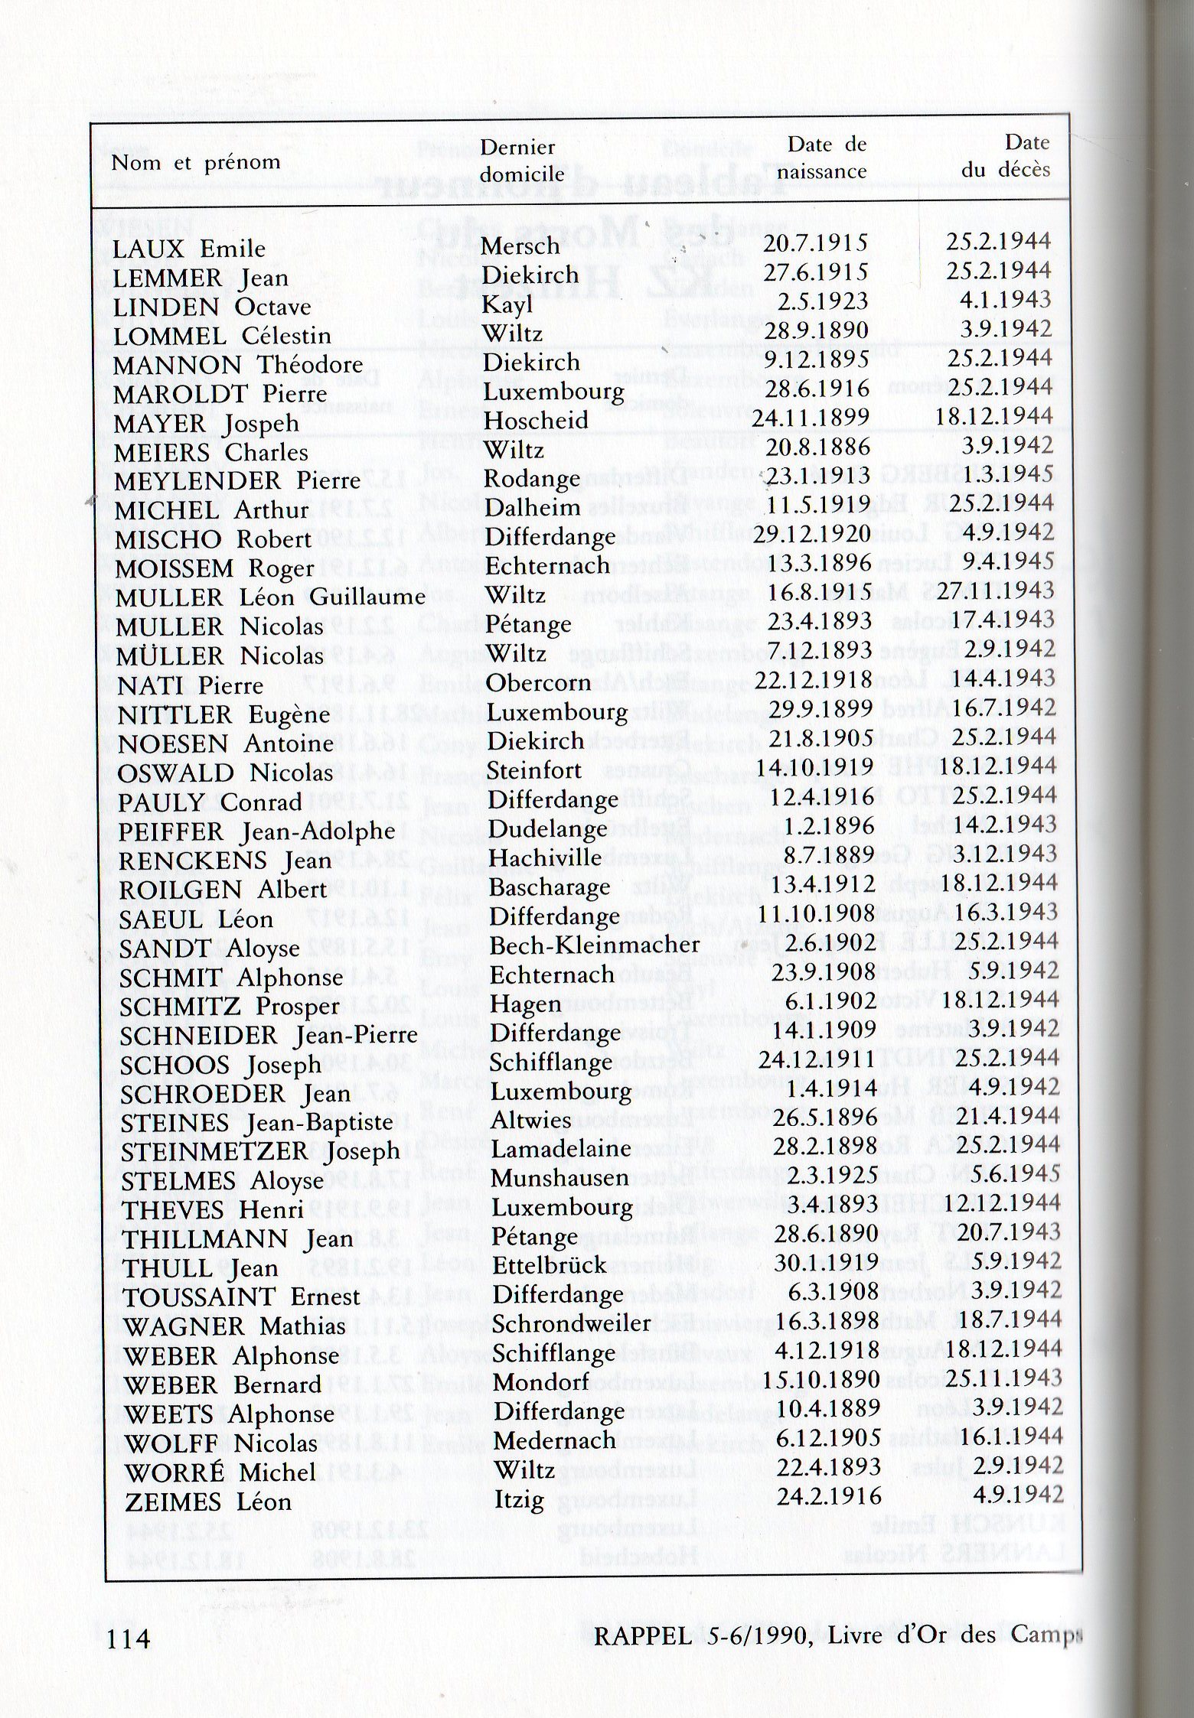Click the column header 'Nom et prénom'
(x=196, y=163)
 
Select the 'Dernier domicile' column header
(x=521, y=160)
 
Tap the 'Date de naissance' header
(x=822, y=157)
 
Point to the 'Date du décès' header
(x=1006, y=155)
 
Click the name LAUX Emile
(x=189, y=249)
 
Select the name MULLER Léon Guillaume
(x=270, y=597)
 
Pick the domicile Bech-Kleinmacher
(x=594, y=945)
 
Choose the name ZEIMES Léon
(x=207, y=1501)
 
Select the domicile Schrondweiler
(x=571, y=1323)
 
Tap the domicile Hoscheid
(x=536, y=420)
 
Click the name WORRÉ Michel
(x=220, y=1472)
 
